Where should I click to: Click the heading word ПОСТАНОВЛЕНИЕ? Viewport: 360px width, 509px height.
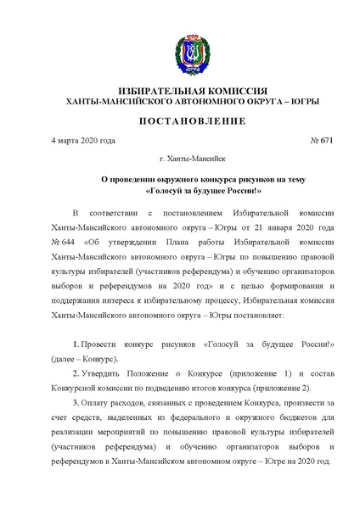pos(180,120)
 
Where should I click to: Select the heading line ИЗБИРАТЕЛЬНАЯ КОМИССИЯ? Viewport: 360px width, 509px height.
pos(180,90)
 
